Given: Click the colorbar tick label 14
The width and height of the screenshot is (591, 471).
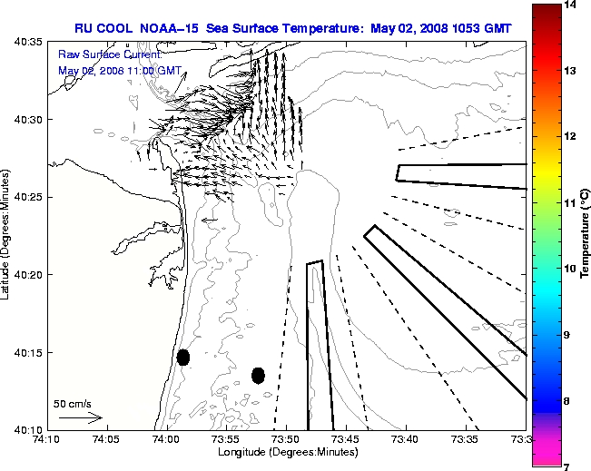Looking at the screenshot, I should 571,5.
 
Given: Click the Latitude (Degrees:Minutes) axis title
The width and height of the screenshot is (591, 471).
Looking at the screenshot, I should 7,235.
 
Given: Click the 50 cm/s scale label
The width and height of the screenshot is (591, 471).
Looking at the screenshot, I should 73,403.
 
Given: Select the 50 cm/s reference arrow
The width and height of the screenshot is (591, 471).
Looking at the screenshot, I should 80,418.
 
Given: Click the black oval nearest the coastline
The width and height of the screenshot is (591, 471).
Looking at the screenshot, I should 183,357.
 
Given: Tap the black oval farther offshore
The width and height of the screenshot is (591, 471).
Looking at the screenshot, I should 258,375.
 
